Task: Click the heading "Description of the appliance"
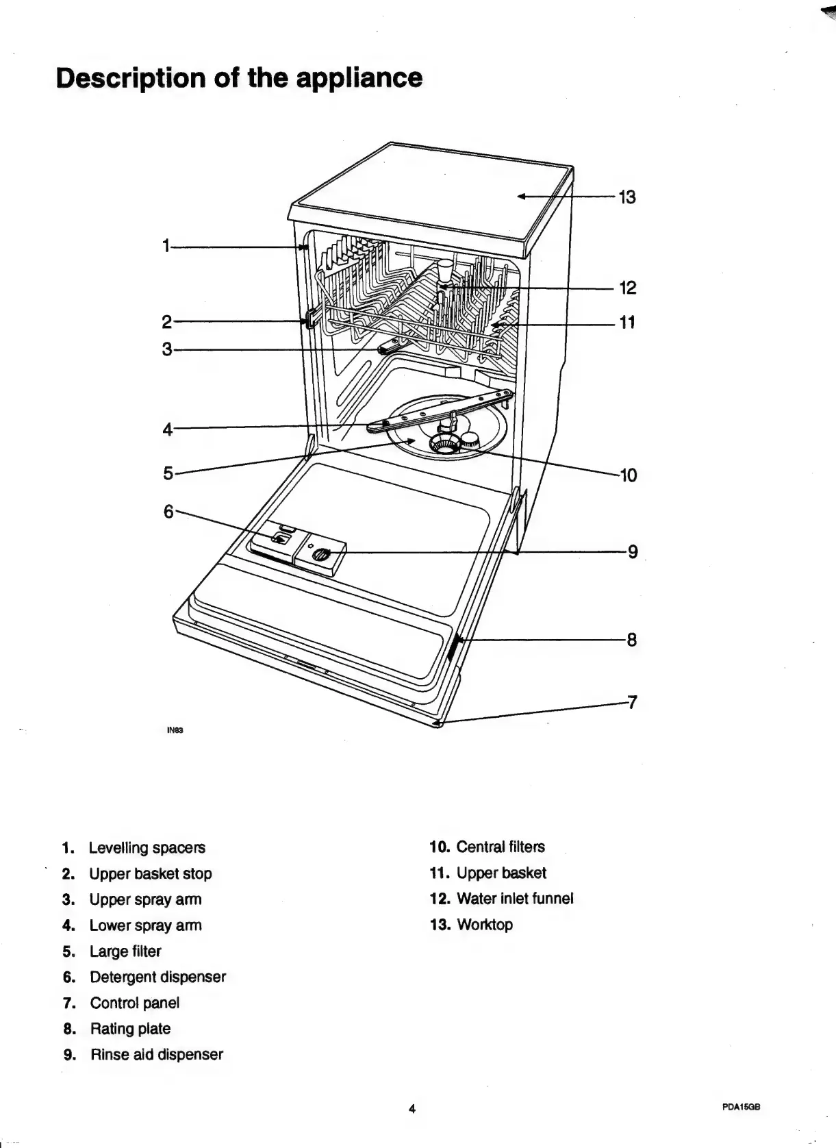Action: coord(240,77)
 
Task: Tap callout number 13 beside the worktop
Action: coord(627,197)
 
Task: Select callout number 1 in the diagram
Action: coord(166,246)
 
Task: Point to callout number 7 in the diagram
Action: coord(633,702)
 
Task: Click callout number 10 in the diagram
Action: coord(628,475)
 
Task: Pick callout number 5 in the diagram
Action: coord(168,473)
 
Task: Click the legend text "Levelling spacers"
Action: coord(147,847)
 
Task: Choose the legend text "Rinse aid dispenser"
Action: coord(156,1054)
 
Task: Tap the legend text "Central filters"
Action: coord(500,847)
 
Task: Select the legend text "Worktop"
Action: coord(484,925)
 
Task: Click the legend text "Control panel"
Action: coord(134,1003)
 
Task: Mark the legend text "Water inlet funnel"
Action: coord(514,899)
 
